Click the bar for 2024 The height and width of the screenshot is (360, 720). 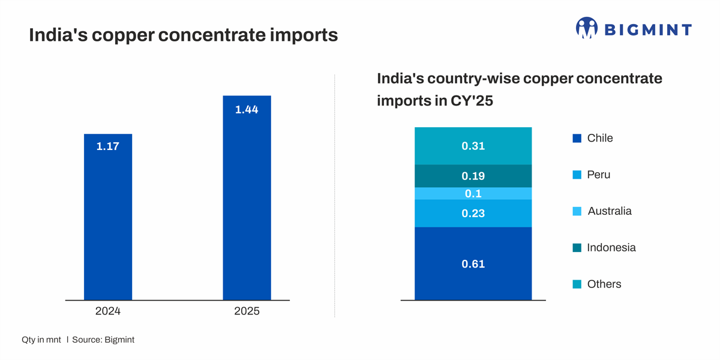click(108, 222)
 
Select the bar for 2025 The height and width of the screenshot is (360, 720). click(247, 204)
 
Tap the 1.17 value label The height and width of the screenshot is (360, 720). click(108, 146)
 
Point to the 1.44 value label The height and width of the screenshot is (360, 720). click(247, 110)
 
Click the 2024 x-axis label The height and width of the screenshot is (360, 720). click(108, 311)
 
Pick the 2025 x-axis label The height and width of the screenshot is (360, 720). click(247, 311)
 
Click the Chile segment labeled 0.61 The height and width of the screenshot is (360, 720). click(473, 264)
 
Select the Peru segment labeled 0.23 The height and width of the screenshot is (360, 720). click(473, 214)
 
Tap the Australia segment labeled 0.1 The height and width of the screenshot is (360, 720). click(473, 194)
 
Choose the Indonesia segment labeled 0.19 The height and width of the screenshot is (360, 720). click(473, 176)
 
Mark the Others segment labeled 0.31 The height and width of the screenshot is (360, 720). click(473, 146)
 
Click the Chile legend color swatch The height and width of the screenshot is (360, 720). click(577, 139)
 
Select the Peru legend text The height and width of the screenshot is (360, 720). click(599, 175)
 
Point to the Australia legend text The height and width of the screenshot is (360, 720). click(610, 211)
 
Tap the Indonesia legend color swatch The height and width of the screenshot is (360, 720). click(577, 248)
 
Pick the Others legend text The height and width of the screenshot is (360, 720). click(604, 284)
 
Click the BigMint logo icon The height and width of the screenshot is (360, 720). click(587, 28)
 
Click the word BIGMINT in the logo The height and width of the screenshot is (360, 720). click(648, 29)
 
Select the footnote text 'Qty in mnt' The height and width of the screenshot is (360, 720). click(41, 340)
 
